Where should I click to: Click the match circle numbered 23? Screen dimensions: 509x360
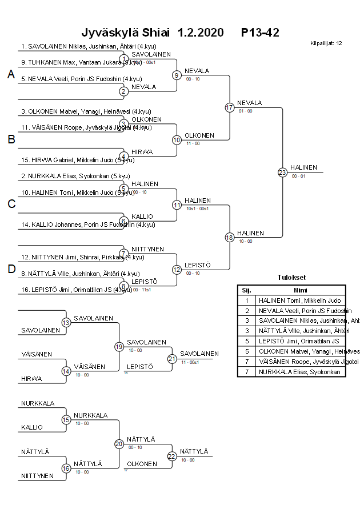click(x=282, y=172)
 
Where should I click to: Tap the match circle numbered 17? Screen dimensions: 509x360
click(x=230, y=107)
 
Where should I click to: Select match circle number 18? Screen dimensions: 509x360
click(x=230, y=237)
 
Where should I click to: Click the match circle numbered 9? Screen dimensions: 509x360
click(x=177, y=75)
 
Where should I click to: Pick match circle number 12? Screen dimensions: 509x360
click(x=177, y=269)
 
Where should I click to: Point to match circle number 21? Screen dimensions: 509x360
click(x=172, y=358)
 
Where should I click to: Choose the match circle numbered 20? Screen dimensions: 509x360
click(x=119, y=443)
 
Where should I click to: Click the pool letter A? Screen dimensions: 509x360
click(x=11, y=74)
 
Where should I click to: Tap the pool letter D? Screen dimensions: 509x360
click(x=11, y=269)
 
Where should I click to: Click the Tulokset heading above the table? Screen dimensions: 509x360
click(x=291, y=278)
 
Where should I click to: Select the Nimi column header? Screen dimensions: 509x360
click(x=301, y=290)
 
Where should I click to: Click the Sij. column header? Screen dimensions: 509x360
click(x=247, y=290)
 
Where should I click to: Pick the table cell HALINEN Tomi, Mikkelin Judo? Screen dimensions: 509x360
click(x=299, y=300)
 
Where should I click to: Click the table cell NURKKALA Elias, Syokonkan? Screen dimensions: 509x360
click(x=299, y=372)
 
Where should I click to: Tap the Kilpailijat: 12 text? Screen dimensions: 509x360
click(x=326, y=43)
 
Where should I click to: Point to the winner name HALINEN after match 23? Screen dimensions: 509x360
click(x=303, y=167)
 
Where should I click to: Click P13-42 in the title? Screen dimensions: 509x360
click(x=260, y=32)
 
